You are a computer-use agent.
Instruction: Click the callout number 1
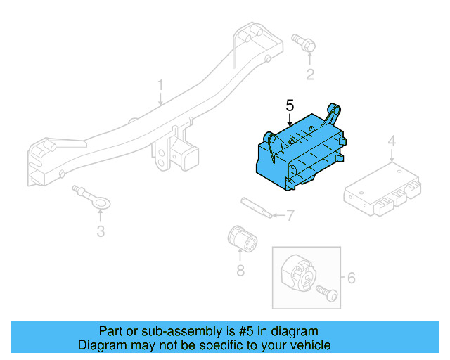click(160, 86)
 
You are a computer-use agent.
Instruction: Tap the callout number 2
click(309, 75)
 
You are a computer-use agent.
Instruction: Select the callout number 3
click(101, 231)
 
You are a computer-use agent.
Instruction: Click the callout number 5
click(289, 106)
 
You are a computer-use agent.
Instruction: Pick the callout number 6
click(351, 278)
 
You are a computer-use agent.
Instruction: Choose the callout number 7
click(290, 215)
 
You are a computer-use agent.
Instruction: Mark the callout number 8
click(240, 270)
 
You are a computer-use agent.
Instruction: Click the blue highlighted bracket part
click(299, 151)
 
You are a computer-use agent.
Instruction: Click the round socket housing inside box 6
click(297, 275)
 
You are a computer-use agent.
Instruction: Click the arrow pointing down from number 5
click(289, 120)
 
